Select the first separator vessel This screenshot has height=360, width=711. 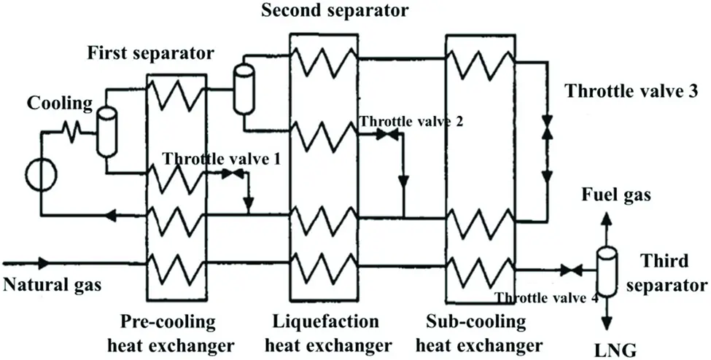[107, 122]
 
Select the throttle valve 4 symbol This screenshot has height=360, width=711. [571, 271]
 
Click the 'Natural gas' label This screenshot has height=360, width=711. [52, 285]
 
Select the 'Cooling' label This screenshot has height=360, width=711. [61, 103]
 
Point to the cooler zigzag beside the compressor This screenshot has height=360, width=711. [70, 132]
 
